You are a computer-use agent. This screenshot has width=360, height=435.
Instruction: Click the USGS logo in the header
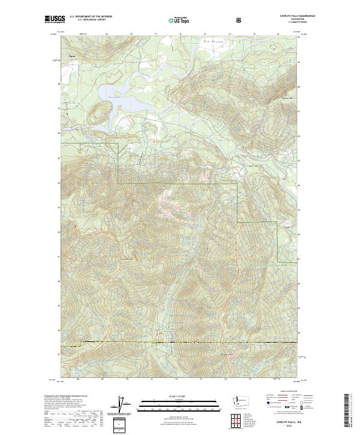click(x=55, y=19)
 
